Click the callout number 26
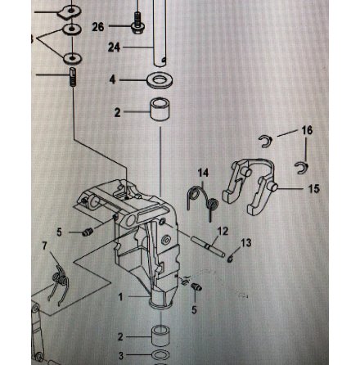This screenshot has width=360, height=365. [x=98, y=27]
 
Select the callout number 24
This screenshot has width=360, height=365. [x=114, y=47]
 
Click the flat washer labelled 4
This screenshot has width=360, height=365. [x=160, y=80]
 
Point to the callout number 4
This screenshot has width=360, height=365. [x=113, y=79]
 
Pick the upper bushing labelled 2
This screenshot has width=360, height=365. [x=160, y=110]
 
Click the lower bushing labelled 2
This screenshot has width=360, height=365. [x=160, y=336]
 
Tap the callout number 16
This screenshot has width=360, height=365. [x=307, y=130]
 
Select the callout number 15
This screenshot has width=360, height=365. [x=314, y=188]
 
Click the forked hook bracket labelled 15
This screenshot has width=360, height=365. [x=249, y=186]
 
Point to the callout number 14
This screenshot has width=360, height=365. [x=203, y=173]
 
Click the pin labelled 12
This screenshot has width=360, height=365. [x=208, y=246]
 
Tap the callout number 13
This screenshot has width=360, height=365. [x=246, y=242]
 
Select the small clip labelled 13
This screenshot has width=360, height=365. [x=231, y=259]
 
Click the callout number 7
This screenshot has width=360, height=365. [x=45, y=246]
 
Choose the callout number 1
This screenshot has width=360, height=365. [x=121, y=297]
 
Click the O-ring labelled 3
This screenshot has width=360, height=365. [x=160, y=355]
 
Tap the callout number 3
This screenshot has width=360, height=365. [x=121, y=355]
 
